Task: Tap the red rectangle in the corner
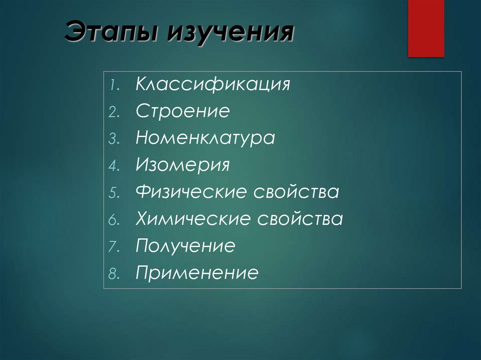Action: [426, 28]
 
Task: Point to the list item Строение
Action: [183, 112]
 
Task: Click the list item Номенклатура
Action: [205, 138]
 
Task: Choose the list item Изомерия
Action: [183, 165]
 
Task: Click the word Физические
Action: [192, 192]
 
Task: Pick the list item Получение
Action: [185, 245]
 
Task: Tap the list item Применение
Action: [197, 273]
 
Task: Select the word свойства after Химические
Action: [300, 219]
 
